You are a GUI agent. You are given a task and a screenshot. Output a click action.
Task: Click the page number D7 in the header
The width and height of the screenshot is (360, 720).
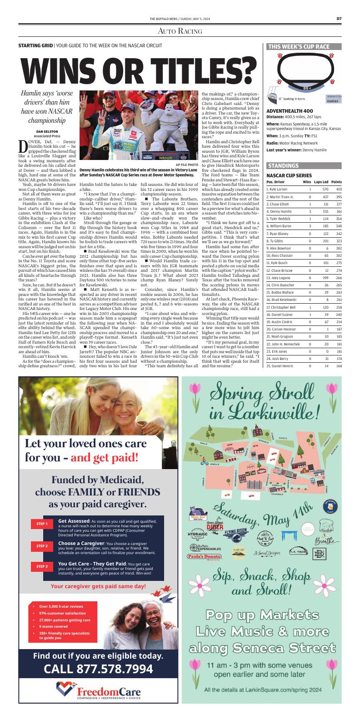[339, 19]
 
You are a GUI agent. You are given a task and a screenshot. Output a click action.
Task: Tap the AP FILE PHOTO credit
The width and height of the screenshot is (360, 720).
[187, 165]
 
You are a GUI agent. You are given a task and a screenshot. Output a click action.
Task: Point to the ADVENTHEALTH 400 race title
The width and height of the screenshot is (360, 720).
[290, 111]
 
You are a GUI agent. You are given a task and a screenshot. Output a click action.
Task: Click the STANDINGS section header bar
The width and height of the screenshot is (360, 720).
[283, 165]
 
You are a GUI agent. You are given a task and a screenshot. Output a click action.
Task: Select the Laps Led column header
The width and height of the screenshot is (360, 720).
[321, 181]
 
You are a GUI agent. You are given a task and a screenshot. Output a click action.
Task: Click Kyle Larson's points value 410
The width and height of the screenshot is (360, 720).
[339, 189]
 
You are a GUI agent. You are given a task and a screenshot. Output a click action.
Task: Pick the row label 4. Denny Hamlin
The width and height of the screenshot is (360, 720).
[278, 211]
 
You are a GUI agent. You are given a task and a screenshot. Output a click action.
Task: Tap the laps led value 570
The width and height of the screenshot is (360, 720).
[325, 189]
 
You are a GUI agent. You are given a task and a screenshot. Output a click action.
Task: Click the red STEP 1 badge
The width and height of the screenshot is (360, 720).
[42, 524]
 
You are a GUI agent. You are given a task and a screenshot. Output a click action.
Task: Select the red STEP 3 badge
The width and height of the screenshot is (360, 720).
[42, 566]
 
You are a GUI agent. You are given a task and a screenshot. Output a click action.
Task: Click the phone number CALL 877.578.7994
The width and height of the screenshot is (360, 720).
[98, 669]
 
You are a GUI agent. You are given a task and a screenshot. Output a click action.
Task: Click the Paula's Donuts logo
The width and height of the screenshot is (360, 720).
[204, 556]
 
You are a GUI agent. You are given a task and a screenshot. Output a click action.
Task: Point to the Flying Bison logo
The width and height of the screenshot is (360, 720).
[235, 531]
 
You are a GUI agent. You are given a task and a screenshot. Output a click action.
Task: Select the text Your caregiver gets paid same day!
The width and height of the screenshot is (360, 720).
[98, 586]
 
